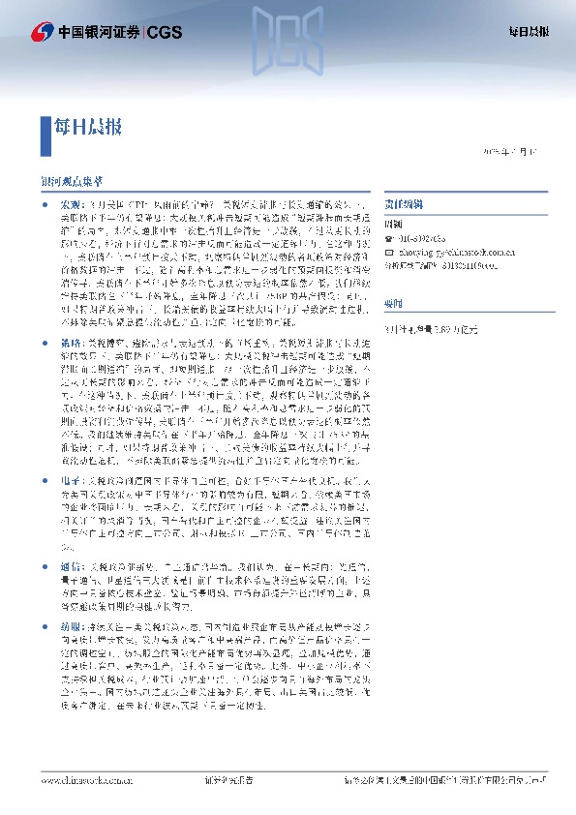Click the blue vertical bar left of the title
(45, 126)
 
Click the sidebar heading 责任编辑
(402, 206)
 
